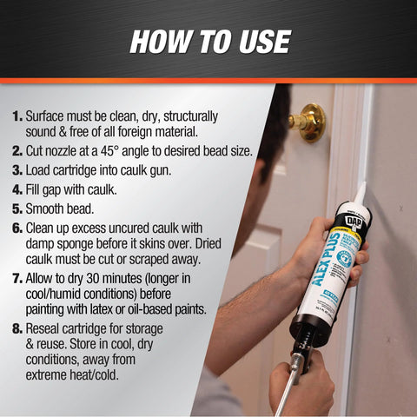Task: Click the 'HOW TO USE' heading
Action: pyautogui.click(x=208, y=41)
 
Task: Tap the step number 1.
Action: pyautogui.click(x=17, y=116)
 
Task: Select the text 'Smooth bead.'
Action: pyautogui.click(x=61, y=208)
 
